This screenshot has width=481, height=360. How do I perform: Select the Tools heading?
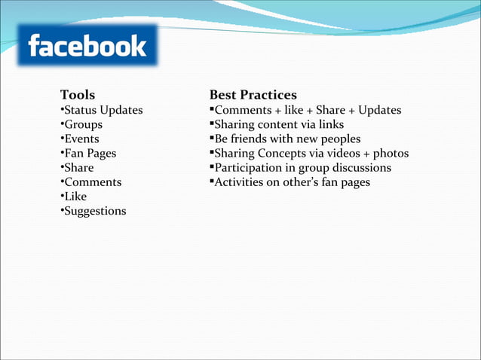point(78,95)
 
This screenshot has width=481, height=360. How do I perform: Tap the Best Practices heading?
point(253,95)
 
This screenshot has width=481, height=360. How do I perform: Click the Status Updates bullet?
point(102,111)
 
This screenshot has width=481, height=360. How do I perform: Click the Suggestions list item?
point(93,211)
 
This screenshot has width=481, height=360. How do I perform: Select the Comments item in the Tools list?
point(91,182)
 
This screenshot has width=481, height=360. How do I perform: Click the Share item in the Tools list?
point(78,168)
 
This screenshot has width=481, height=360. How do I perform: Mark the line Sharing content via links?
point(278,125)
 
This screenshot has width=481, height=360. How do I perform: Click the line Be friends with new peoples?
point(286,139)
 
